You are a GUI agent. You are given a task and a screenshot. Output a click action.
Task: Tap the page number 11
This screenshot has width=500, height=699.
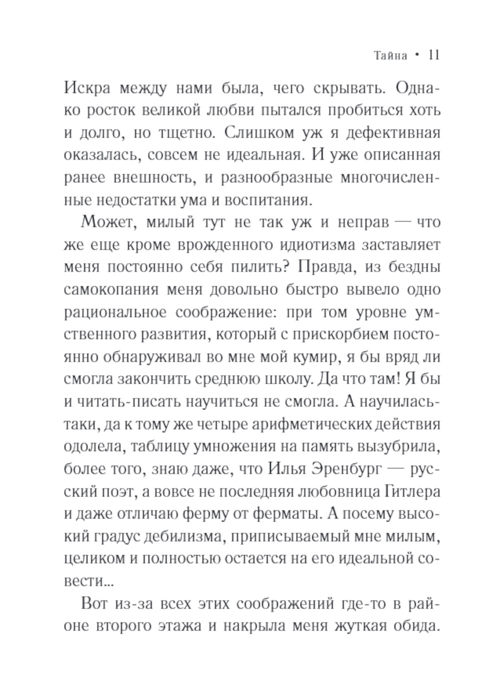(x=433, y=55)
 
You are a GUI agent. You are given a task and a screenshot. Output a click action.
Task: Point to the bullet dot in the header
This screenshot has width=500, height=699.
(x=416, y=56)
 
